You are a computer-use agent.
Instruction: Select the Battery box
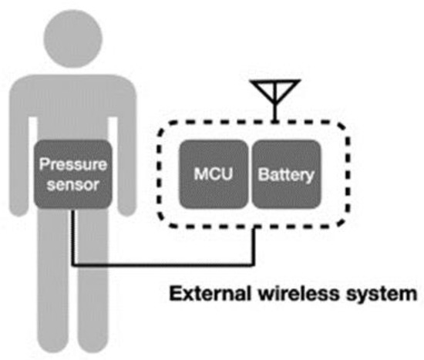285,175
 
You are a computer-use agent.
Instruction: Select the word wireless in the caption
288,294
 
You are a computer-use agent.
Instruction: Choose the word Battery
285,175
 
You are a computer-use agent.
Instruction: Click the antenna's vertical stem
274,108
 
